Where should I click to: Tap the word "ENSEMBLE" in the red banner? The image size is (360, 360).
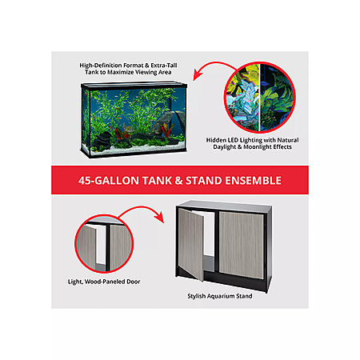(253, 181)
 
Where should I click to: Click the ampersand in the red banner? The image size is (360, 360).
(178, 181)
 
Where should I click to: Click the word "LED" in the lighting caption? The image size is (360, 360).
(233, 140)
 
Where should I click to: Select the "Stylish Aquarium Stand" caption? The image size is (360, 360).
(220, 296)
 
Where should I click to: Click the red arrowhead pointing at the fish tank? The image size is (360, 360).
(197, 75)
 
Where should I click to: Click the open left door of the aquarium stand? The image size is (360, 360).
(191, 244)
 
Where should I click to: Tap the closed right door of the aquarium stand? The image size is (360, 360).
(242, 246)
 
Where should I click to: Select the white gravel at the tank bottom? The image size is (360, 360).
(138, 150)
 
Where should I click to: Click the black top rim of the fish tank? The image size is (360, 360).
(134, 86)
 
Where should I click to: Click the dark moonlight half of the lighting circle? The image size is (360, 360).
(276, 98)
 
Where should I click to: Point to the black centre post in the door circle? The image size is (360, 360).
(107, 246)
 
